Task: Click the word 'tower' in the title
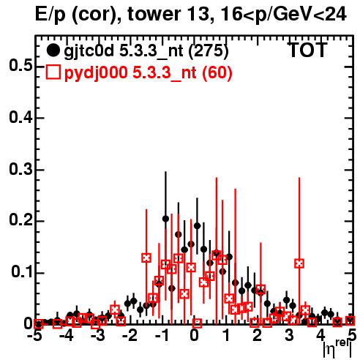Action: tap(154, 14)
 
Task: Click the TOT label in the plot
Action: tap(308, 50)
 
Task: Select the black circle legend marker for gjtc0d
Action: tap(53, 50)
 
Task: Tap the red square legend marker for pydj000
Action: tap(53, 72)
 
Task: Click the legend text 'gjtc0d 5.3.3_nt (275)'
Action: tap(146, 51)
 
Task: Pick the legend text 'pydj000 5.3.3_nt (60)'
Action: tap(148, 73)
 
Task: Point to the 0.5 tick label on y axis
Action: tap(20, 66)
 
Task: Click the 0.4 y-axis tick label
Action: tap(20, 117)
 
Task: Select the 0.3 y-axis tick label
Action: tap(20, 169)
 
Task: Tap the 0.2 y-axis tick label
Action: tap(20, 220)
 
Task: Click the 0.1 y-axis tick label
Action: tap(21, 271)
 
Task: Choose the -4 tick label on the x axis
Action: tap(67, 336)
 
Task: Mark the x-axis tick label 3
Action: tap(289, 336)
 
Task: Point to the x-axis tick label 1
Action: tap(227, 336)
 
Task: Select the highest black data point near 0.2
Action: tap(165, 219)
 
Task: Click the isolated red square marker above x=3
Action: tap(299, 263)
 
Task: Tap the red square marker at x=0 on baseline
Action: tap(197, 323)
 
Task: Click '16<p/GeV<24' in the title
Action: tap(283, 15)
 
